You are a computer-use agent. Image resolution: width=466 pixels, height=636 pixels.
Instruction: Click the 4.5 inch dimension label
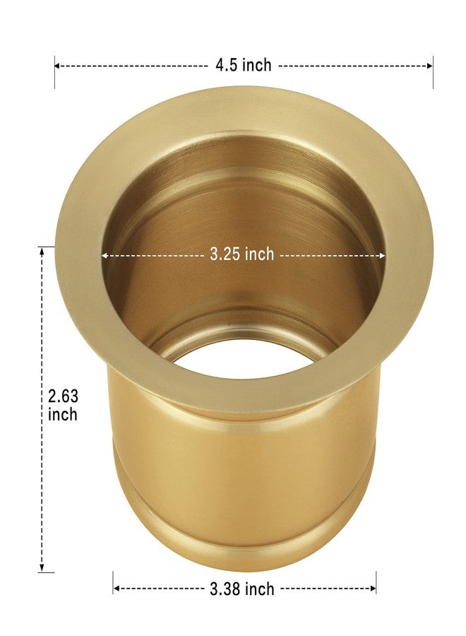pyautogui.click(x=244, y=66)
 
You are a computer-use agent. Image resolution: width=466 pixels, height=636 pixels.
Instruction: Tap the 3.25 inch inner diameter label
pyautogui.click(x=242, y=254)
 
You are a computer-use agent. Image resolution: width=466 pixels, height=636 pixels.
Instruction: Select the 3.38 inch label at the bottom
pyautogui.click(x=242, y=588)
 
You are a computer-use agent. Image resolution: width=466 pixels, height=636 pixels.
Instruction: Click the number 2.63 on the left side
pyautogui.click(x=63, y=396)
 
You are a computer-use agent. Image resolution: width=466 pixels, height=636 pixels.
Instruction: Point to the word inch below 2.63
pyautogui.click(x=63, y=415)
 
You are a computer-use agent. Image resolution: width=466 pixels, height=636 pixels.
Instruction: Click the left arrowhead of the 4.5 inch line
pyautogui.click(x=58, y=66)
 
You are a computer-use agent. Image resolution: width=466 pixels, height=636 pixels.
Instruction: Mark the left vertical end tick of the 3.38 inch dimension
pyautogui.click(x=113, y=583)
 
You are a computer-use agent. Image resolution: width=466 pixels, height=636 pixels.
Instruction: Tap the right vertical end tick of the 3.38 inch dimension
pyautogui.click(x=376, y=583)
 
